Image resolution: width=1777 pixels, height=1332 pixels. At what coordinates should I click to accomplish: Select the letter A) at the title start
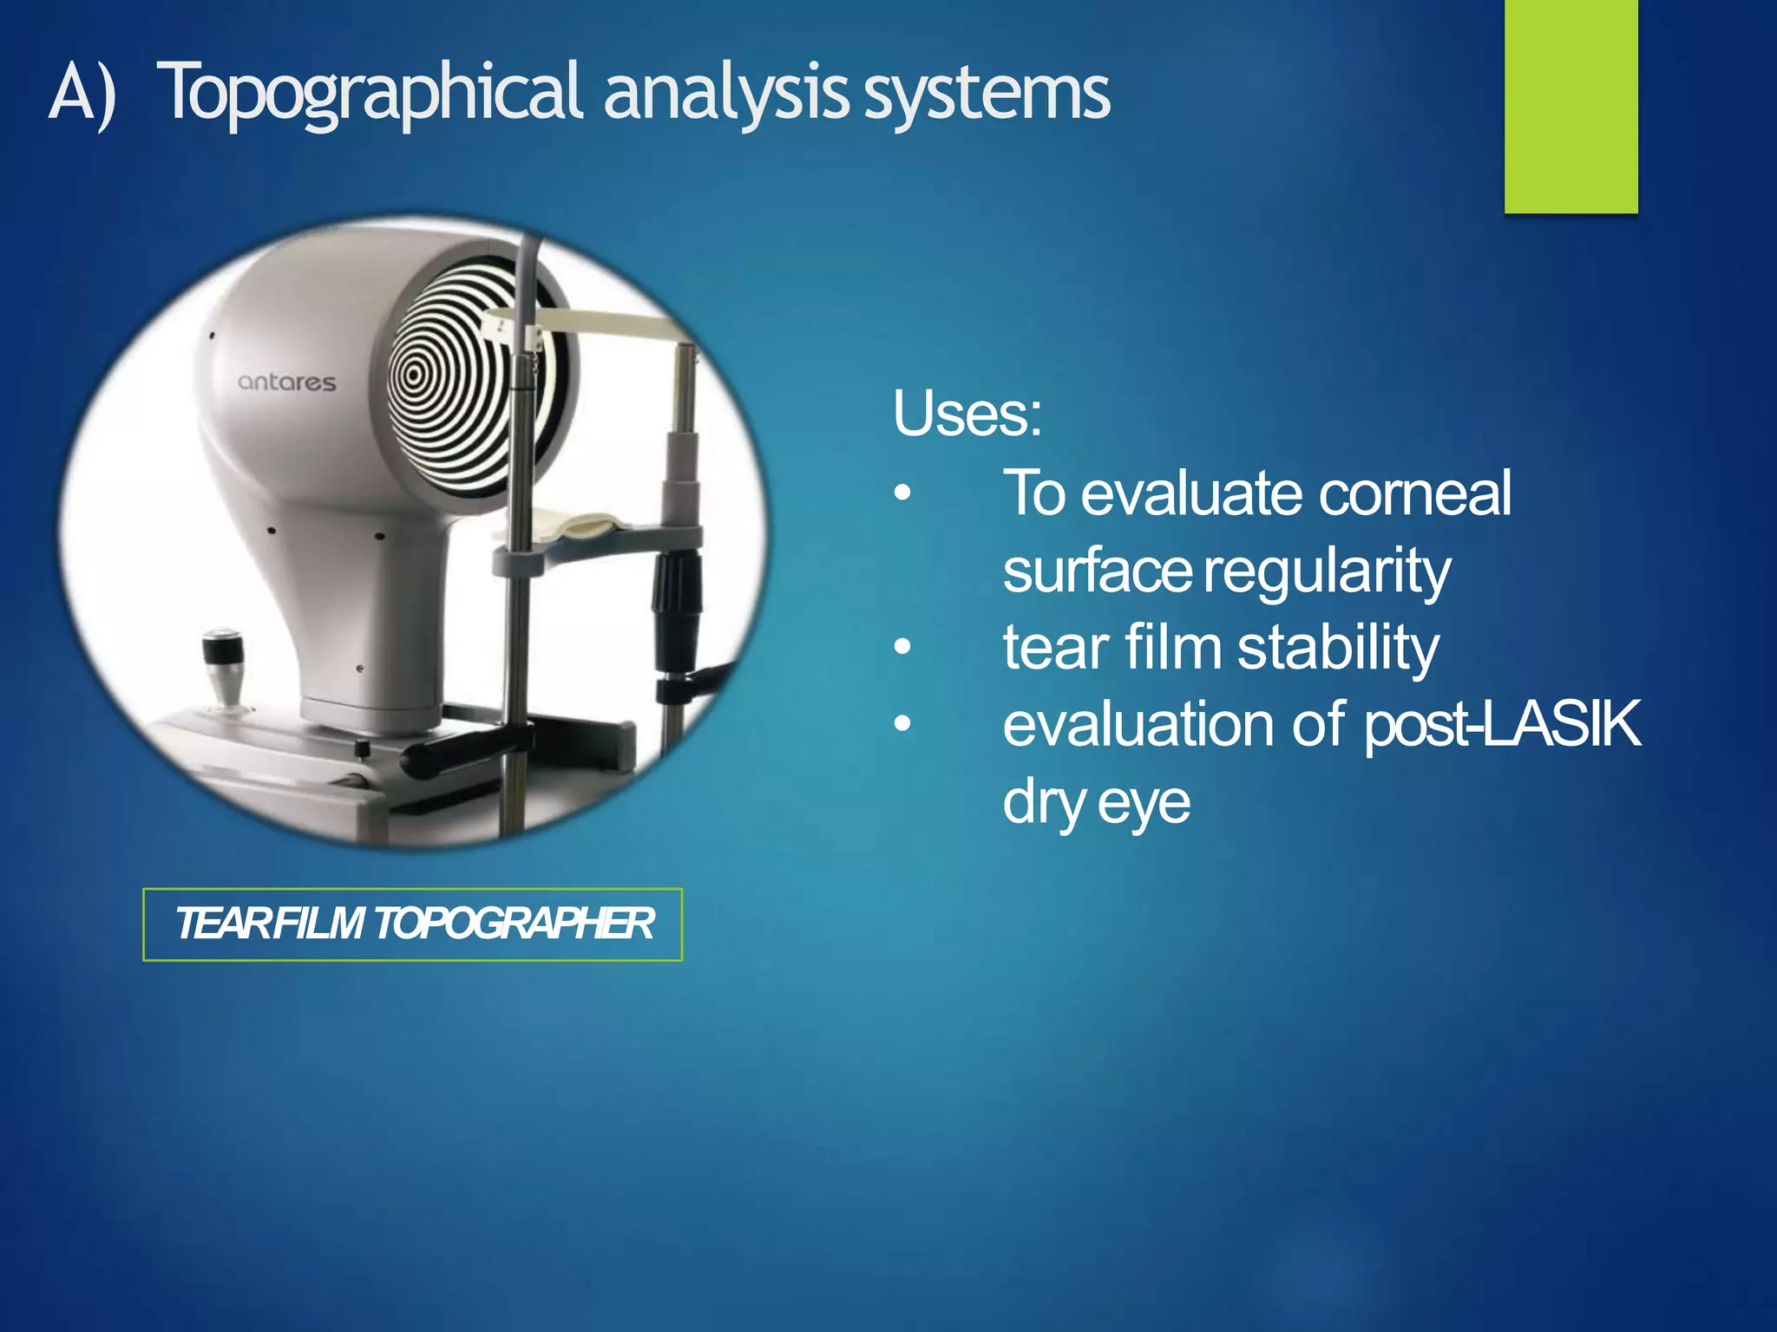click(82, 94)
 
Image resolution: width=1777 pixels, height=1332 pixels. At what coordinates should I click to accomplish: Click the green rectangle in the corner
click(1570, 106)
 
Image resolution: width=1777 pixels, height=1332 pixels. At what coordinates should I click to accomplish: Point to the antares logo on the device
click(286, 382)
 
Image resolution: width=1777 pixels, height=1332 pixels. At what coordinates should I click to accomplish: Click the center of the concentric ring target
click(414, 375)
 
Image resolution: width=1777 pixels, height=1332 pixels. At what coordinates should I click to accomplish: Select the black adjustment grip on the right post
click(677, 598)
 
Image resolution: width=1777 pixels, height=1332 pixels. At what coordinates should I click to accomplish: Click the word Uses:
click(967, 415)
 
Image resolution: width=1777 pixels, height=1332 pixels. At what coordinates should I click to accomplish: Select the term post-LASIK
click(1501, 725)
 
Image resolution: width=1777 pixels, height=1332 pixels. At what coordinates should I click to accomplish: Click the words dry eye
click(1096, 803)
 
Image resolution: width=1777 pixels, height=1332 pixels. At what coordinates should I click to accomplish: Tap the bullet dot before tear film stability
click(903, 647)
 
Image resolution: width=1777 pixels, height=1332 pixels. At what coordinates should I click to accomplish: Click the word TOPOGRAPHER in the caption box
click(514, 924)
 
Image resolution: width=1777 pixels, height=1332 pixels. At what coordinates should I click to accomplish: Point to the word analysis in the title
click(725, 94)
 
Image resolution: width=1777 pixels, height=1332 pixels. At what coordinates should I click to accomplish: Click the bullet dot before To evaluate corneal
click(903, 493)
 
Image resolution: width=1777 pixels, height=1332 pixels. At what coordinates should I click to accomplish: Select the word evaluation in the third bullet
click(1138, 725)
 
